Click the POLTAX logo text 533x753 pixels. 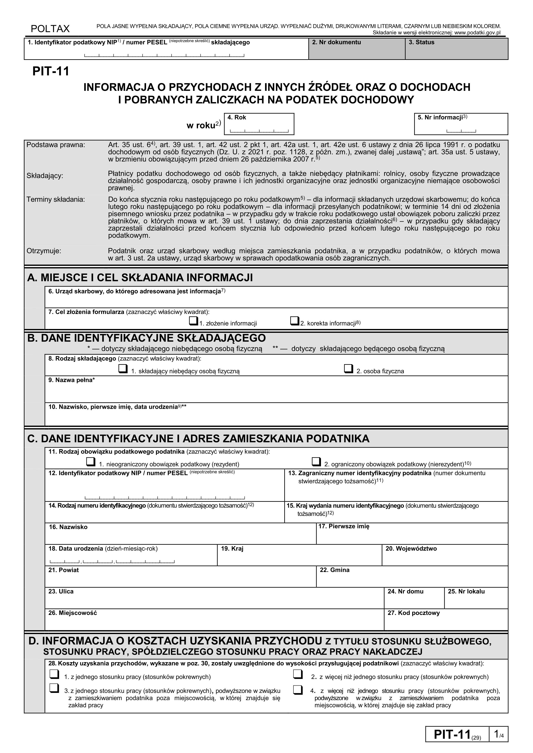50,29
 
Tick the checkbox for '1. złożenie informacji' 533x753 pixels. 193,321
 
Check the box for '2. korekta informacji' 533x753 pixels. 294,321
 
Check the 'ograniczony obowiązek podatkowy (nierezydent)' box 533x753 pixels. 316,462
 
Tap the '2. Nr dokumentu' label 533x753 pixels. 336,42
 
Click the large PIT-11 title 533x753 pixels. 51,71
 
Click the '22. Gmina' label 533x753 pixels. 334,570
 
